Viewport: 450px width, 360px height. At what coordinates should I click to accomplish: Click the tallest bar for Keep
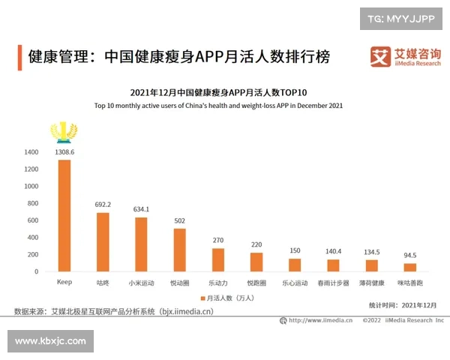click(64, 216)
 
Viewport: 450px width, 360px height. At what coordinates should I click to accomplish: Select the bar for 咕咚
click(103, 242)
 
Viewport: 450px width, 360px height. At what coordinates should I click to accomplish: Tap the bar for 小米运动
click(141, 244)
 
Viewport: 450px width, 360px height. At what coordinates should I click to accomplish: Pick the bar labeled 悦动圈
click(179, 250)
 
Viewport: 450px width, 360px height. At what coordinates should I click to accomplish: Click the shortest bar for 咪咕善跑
click(409, 268)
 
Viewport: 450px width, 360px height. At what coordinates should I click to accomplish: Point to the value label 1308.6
click(64, 152)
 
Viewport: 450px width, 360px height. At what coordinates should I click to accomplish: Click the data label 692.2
click(103, 204)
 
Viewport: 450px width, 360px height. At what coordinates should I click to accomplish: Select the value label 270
click(217, 240)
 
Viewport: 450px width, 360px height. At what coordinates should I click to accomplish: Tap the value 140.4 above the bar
click(333, 251)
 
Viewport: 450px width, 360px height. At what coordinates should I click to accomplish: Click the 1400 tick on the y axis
click(31, 152)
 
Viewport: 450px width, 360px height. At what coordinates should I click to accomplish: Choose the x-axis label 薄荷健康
click(371, 283)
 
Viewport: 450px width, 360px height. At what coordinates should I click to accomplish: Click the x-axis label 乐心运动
click(295, 283)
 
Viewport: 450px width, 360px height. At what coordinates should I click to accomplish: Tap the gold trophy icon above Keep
click(64, 133)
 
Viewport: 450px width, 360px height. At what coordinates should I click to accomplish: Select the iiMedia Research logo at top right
click(406, 57)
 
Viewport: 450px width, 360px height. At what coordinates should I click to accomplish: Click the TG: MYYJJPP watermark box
click(401, 18)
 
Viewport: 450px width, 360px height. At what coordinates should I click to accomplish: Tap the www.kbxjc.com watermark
click(50, 341)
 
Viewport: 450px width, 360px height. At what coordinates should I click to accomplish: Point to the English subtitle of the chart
click(218, 106)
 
